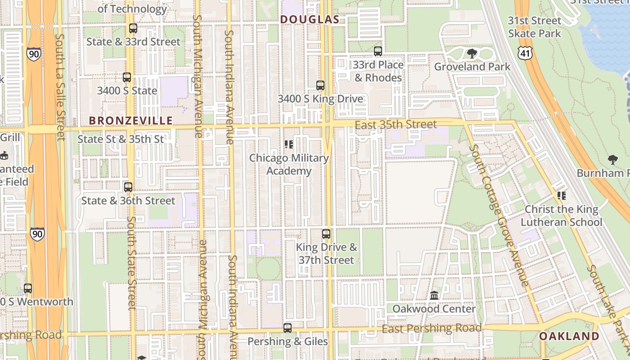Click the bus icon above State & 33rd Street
pos(133,28)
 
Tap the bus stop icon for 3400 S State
pos(127,77)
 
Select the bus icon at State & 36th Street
pos(128,187)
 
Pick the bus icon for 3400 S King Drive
pos(320,85)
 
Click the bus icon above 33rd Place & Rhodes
pos(378,51)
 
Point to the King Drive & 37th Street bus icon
pos(326,234)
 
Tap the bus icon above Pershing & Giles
pos(288,328)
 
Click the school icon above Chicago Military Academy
pos(289,144)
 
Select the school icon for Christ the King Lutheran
pos(561,196)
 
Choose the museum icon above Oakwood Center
pos(434,296)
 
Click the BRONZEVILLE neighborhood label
pos(130,121)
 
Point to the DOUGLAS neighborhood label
pos(309,19)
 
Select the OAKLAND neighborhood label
pos(569,336)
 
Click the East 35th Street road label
pos(396,125)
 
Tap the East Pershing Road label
pos(432,328)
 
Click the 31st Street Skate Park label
pos(535,27)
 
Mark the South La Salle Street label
pos(61,88)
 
